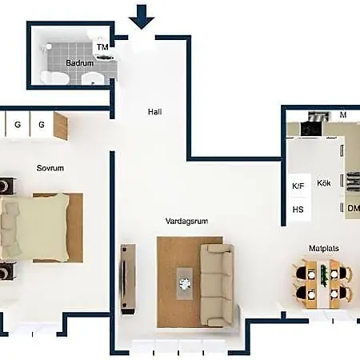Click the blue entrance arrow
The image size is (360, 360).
tap(142, 17)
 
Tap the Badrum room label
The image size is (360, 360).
tap(80, 63)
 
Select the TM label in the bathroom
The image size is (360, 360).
tap(102, 47)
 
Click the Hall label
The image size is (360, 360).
tap(155, 112)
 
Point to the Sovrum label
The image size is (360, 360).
tap(50, 168)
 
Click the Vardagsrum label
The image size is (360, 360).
tap(186, 221)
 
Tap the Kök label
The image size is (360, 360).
tap(324, 183)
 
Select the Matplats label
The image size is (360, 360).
tap(324, 248)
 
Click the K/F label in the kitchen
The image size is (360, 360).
tap(298, 186)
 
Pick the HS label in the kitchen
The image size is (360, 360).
tap(298, 210)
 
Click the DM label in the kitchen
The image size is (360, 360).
tap(354, 208)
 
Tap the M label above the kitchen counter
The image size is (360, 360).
tap(343, 115)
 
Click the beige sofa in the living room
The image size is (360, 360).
tap(217, 285)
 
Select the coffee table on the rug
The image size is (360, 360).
tap(185, 284)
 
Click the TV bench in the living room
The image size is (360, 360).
tap(128, 278)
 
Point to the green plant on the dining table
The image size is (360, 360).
tap(324, 276)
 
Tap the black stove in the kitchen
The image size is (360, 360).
tap(311, 129)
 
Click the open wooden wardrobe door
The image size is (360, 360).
tap(61, 126)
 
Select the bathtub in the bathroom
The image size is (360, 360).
tap(54, 78)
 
